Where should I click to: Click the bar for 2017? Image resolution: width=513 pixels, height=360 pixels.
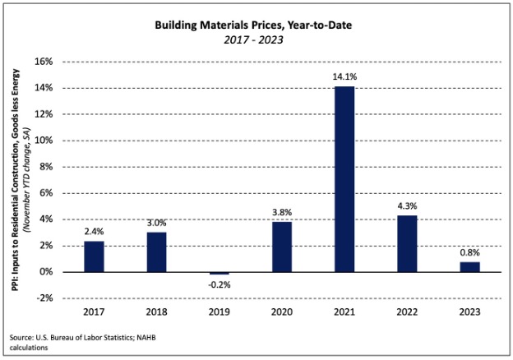click(94, 256)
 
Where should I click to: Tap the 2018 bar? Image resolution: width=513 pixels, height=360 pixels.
click(156, 252)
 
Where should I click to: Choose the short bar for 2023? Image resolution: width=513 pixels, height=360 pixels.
click(469, 266)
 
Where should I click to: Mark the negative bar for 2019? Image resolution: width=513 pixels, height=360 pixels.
click(219, 273)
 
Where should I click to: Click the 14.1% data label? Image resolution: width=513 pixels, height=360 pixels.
click(344, 76)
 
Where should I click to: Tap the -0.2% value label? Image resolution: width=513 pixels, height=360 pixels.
click(219, 284)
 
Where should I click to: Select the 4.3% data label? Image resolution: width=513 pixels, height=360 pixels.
click(407, 205)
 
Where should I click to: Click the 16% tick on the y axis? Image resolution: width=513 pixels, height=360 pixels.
click(43, 62)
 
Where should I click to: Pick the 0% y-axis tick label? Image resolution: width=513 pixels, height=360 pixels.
click(46, 272)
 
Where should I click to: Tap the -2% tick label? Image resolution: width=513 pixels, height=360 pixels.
click(44, 298)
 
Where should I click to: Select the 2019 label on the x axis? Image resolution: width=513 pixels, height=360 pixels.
click(219, 312)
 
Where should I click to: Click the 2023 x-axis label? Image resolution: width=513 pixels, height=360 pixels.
click(469, 312)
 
